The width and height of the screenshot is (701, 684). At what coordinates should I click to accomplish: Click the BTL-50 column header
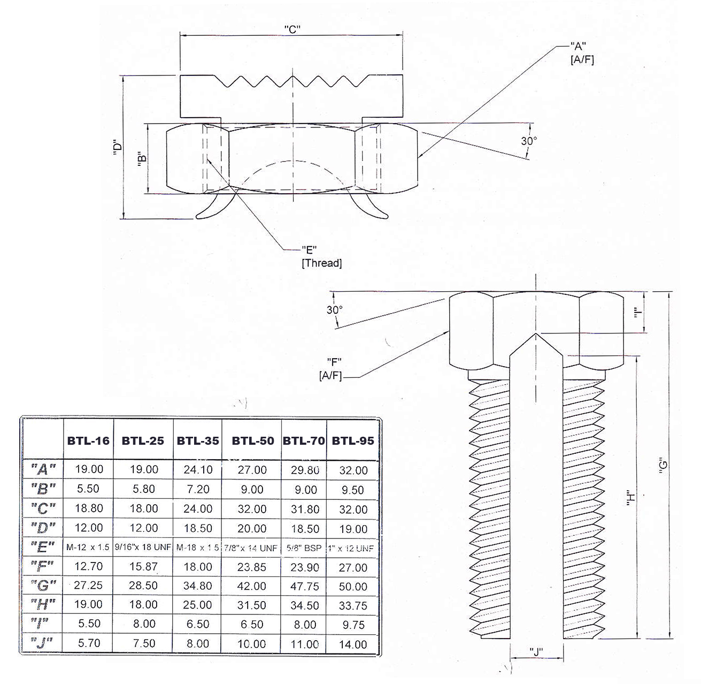tap(252, 441)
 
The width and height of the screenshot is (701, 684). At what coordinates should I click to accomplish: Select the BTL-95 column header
tap(353, 441)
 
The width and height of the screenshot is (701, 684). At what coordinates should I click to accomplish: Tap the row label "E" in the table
tap(43, 548)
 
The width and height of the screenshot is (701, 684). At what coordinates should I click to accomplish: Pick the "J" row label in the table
tap(43, 643)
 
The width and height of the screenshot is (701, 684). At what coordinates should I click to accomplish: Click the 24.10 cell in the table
tap(198, 470)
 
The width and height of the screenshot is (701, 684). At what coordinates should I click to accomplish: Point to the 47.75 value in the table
tap(305, 587)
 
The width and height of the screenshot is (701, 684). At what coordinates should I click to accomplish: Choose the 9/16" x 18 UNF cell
tap(143, 548)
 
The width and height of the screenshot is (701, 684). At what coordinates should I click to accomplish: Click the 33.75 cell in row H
tap(353, 606)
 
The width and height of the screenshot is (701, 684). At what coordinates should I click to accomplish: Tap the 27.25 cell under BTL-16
tap(88, 586)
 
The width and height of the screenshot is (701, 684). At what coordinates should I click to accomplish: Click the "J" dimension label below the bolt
tap(536, 651)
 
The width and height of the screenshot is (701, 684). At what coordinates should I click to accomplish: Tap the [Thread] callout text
tap(322, 263)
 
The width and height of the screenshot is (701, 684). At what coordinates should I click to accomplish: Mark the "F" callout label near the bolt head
tap(333, 361)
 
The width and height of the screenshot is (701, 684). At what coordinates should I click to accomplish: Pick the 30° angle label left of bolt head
tap(335, 309)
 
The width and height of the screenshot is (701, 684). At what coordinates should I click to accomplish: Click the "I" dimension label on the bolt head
tap(637, 314)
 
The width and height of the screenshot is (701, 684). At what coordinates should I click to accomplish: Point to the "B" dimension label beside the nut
tap(141, 160)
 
